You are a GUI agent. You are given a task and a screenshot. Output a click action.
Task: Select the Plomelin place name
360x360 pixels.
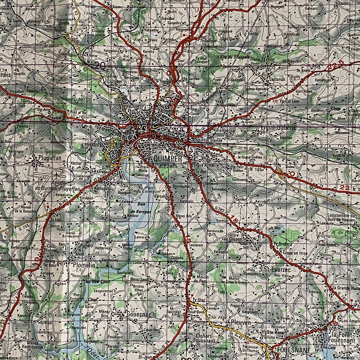point(84,264)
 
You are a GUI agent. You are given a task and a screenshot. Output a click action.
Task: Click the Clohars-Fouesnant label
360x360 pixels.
point(205,338)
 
